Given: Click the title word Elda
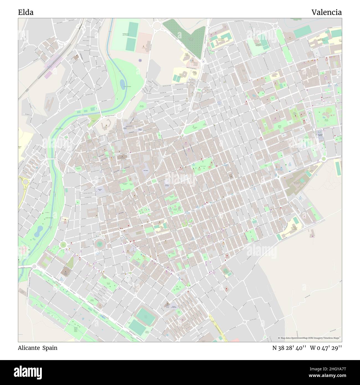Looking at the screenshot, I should pyautogui.click(x=26, y=12).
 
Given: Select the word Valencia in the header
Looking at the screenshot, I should pyautogui.click(x=326, y=12).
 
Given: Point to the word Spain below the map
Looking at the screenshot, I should pyautogui.click(x=50, y=348).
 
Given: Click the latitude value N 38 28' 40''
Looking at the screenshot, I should pyautogui.click(x=289, y=348).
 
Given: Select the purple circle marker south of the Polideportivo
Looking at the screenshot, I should pyautogui.click(x=140, y=60).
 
